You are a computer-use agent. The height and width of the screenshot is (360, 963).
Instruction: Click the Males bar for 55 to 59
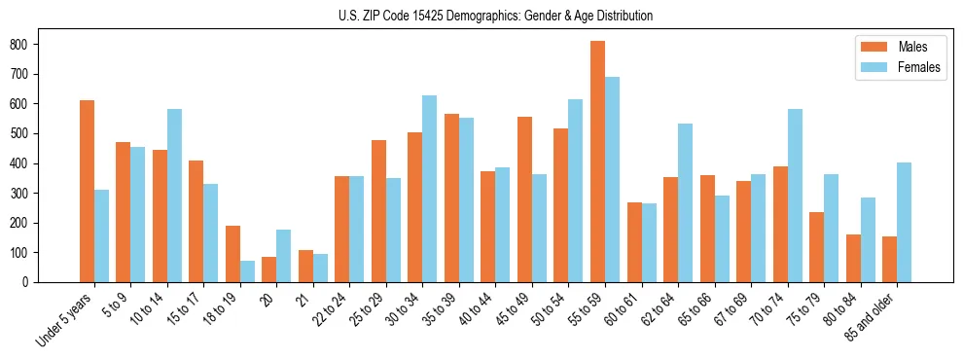tap(597, 162)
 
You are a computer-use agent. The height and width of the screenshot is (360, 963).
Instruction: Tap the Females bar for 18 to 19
tap(247, 271)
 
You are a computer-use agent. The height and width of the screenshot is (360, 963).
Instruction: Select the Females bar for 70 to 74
tap(795, 196)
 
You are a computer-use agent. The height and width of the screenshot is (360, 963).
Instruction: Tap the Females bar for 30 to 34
tap(430, 189)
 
